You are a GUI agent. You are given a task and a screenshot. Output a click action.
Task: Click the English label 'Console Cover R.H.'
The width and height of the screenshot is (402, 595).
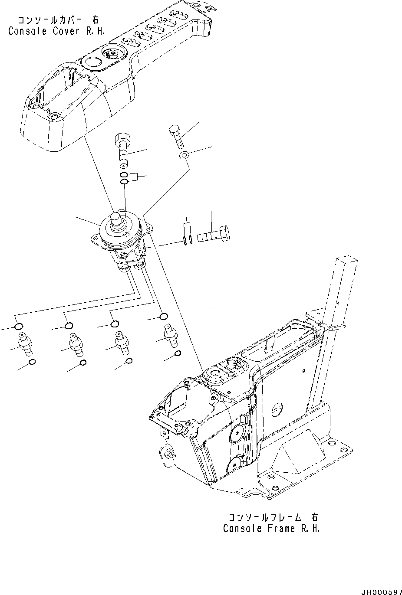pos(56,31)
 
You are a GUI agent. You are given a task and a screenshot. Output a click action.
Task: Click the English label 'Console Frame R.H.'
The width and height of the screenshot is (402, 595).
pos(271,529)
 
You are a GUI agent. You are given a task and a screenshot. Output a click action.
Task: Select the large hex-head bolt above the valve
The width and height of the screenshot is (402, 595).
pos(122,150)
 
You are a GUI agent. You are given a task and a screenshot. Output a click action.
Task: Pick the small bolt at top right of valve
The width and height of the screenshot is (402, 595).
pos(176,136)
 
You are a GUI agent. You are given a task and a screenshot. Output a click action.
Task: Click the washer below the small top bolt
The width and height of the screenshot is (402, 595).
pos(184,155)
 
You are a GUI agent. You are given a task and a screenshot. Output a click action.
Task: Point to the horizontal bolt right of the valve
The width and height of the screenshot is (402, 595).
pos(214,235)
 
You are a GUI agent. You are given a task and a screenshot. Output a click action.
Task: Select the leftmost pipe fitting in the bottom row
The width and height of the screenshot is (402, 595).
pos(24,345)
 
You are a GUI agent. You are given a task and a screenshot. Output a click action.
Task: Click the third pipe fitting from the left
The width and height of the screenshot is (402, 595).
pos(122,342)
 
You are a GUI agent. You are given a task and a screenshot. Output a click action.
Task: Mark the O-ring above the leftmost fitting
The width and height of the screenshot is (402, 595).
pos(19,327)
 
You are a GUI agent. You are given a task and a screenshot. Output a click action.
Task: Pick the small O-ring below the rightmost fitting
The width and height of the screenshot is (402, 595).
pos(178,354)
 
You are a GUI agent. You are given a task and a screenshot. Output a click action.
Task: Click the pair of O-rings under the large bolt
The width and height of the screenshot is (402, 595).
pos(124,178)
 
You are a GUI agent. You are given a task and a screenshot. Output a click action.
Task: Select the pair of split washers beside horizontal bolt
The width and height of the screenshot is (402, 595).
pos(188,241)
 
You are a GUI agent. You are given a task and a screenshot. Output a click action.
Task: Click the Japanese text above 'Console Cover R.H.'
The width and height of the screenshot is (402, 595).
pos(57,20)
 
